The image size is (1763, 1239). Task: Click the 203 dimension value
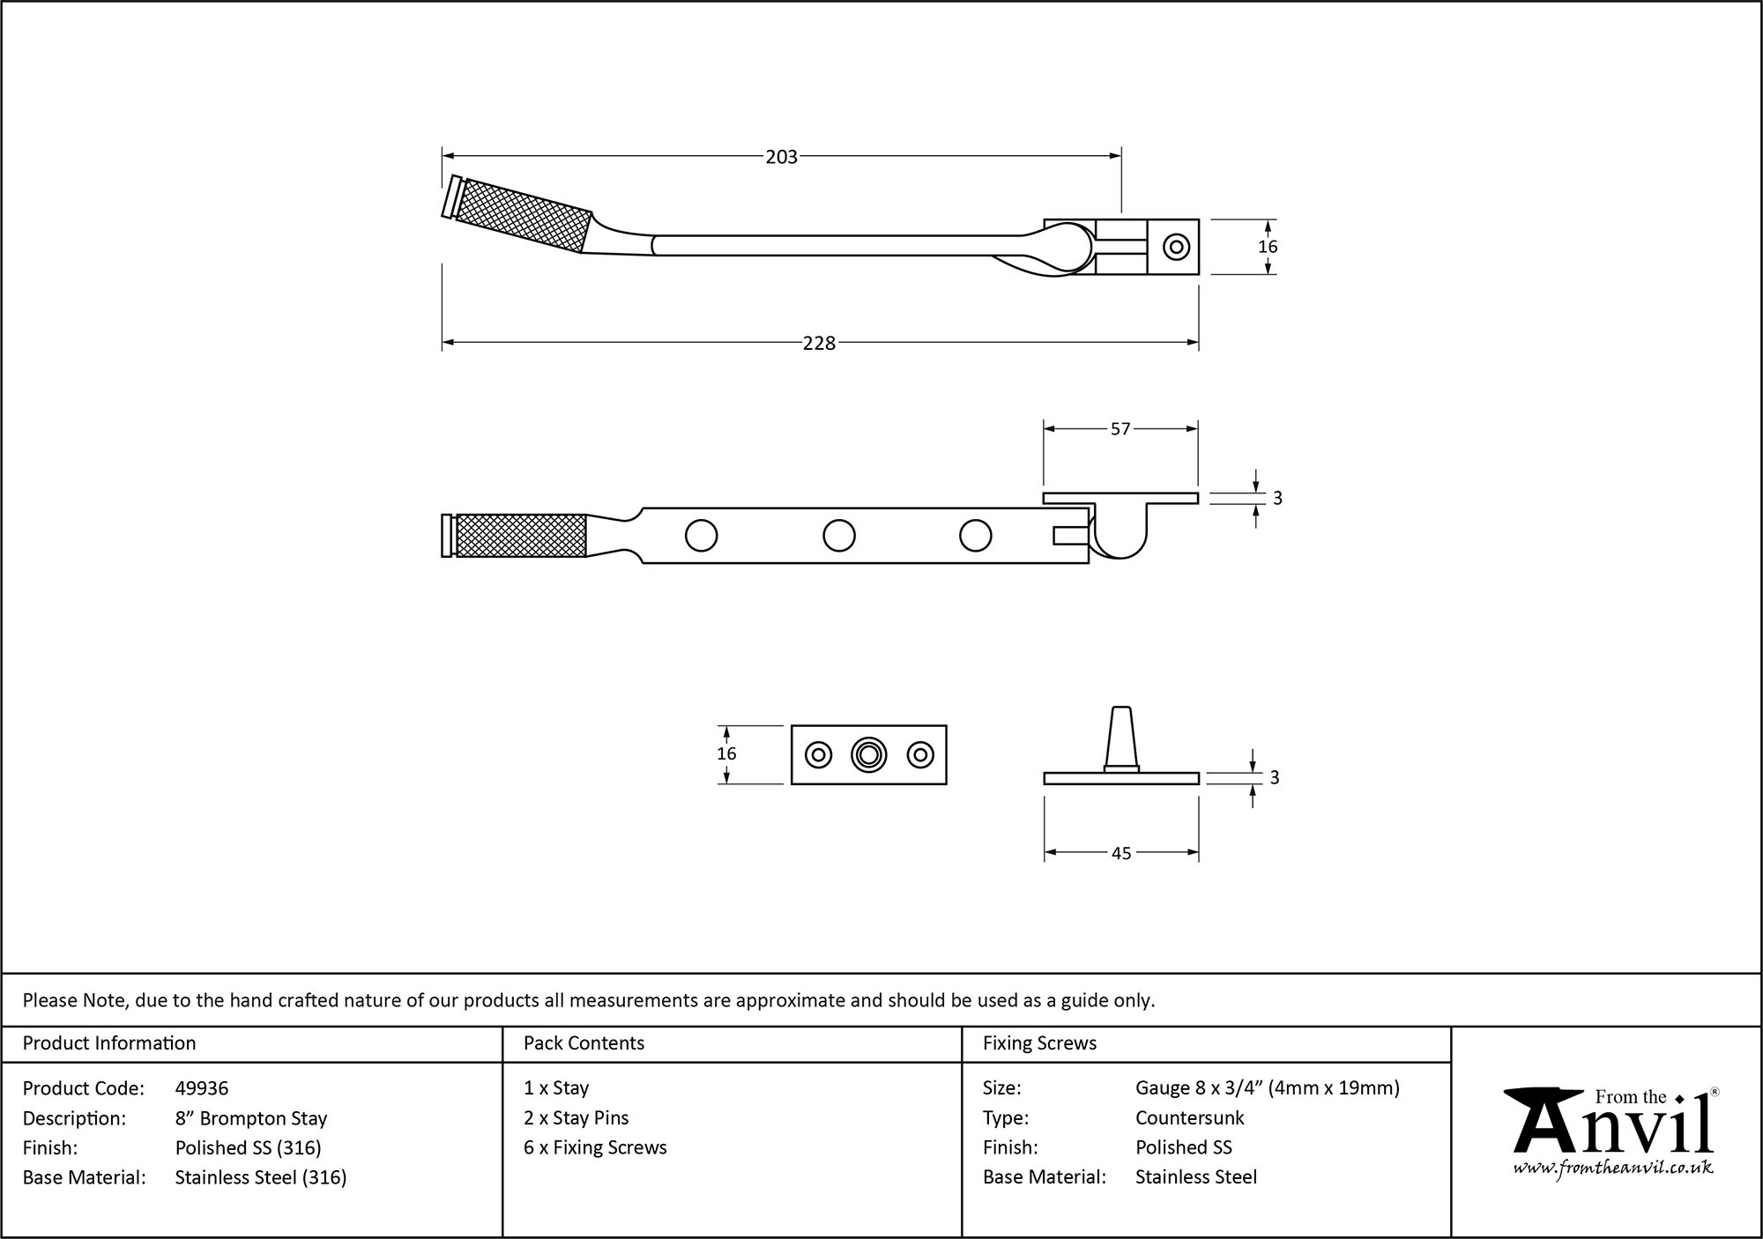click(781, 157)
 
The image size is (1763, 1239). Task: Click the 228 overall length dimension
click(819, 343)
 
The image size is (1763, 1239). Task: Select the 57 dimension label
click(1120, 429)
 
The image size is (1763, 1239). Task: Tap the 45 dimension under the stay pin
click(1120, 853)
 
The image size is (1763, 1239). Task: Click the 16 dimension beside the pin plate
click(726, 753)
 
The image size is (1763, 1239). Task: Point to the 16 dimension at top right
click(1268, 247)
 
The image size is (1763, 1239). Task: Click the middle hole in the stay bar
click(838, 535)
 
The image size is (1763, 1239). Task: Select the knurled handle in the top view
click(524, 216)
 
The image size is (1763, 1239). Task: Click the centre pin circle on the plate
click(868, 754)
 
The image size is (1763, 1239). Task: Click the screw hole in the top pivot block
click(1176, 247)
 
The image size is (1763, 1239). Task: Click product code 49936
click(202, 1088)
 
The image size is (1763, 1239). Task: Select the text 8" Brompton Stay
click(251, 1118)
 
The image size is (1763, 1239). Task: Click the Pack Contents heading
click(584, 1043)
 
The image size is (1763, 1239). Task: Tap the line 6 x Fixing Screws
click(595, 1147)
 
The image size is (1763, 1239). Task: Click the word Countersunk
click(1189, 1117)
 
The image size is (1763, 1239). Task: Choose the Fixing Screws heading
click(1039, 1043)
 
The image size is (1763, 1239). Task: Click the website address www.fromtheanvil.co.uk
click(1612, 1169)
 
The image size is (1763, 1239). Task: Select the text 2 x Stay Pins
click(577, 1117)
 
